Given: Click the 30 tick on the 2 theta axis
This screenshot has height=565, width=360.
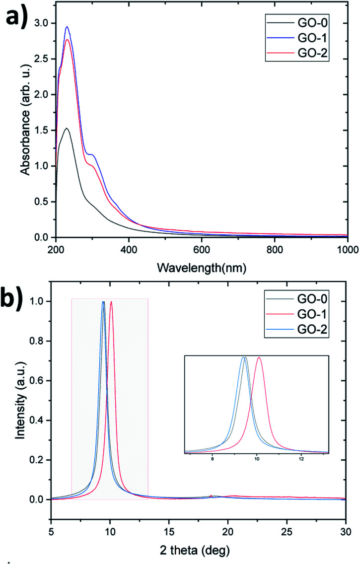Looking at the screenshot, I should (345, 530).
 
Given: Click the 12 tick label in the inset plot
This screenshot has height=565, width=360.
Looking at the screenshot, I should (301, 460).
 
